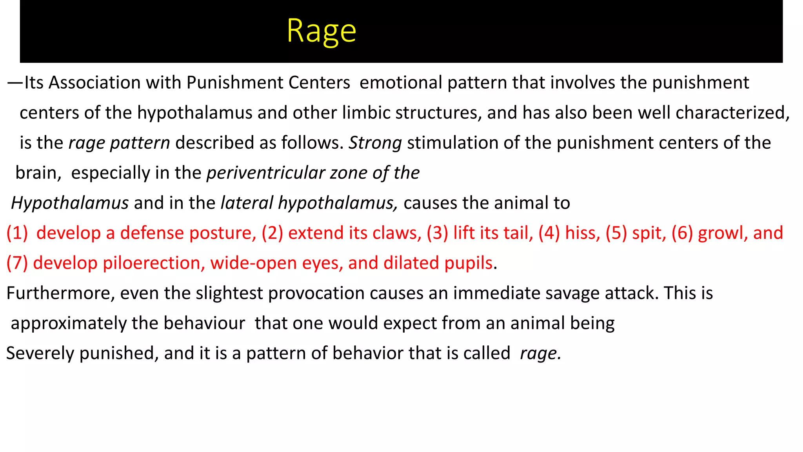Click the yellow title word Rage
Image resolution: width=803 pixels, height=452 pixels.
(x=321, y=31)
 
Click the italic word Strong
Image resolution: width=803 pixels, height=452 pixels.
(x=375, y=143)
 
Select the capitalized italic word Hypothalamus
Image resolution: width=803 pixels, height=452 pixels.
(x=70, y=203)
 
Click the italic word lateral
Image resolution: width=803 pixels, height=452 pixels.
(x=247, y=203)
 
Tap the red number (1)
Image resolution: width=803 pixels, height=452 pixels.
(x=17, y=233)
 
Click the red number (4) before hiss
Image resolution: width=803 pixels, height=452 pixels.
(x=549, y=233)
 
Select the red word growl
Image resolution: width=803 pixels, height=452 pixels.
(x=722, y=233)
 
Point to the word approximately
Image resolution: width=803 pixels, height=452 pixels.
(x=69, y=324)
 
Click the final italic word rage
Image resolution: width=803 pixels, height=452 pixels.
(x=540, y=354)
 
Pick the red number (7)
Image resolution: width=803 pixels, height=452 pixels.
(x=17, y=263)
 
